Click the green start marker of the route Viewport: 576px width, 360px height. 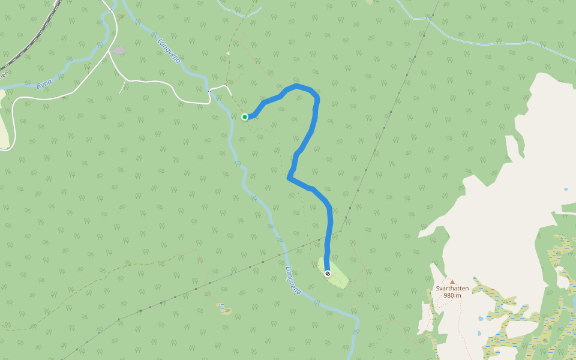245,117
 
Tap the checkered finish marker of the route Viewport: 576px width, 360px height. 327,274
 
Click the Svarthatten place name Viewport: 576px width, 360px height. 452,288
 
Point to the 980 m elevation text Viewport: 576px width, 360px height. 452,295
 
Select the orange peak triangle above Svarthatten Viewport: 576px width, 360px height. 452,281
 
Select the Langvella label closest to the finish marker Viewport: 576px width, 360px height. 293,280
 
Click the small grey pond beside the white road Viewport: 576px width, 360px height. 119,51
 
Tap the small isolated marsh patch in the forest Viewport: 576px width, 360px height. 224,310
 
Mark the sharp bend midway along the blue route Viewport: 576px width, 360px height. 290,178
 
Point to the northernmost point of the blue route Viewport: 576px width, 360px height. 298,86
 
